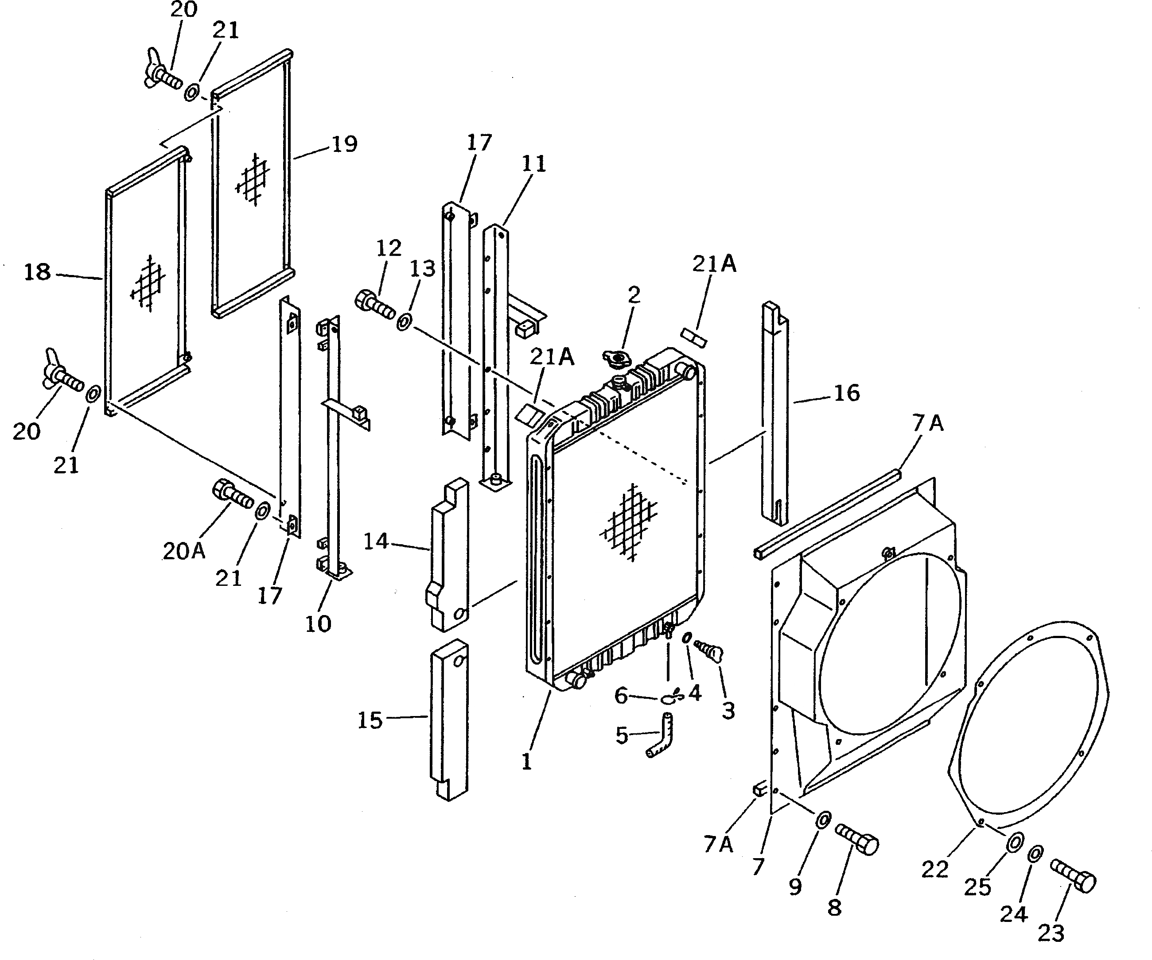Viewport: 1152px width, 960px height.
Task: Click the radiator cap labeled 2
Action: pyautogui.click(x=617, y=360)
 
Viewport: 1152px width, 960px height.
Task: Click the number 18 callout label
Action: pyautogui.click(x=37, y=272)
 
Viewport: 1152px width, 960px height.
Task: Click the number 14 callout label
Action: pyautogui.click(x=376, y=542)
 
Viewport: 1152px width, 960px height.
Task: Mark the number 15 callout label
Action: pyautogui.click(x=370, y=720)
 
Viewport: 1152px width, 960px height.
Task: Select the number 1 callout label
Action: pyautogui.click(x=527, y=761)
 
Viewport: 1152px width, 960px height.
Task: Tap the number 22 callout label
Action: pyautogui.click(x=935, y=870)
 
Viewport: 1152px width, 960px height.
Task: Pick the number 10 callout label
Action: pyautogui.click(x=318, y=623)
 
